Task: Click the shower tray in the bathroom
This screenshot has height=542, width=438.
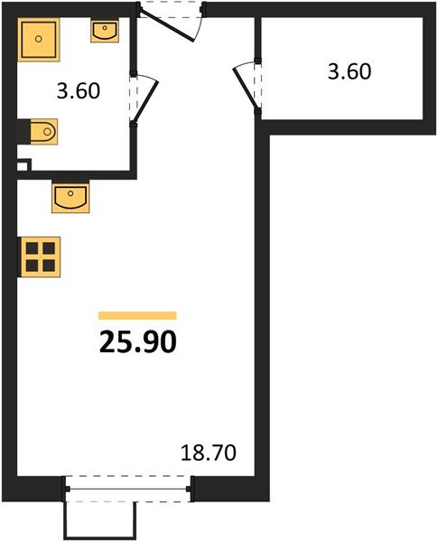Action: pyautogui.click(x=38, y=40)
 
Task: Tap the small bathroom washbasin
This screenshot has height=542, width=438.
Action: pyautogui.click(x=105, y=31)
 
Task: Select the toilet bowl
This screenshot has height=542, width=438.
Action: pyautogui.click(x=44, y=132)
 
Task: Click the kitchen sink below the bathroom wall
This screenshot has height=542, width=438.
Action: pyautogui.click(x=70, y=197)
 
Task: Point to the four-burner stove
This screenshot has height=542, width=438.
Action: pyautogui.click(x=40, y=257)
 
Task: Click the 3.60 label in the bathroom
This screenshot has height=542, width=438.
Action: pyautogui.click(x=79, y=91)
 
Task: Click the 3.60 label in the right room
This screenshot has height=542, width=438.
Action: pyautogui.click(x=349, y=72)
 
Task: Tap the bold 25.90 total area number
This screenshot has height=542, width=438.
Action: pyautogui.click(x=138, y=342)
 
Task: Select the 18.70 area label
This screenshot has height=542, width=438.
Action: pyautogui.click(x=209, y=453)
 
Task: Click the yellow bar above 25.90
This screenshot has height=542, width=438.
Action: pyautogui.click(x=137, y=315)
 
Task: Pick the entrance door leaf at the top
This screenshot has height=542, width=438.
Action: pyautogui.click(x=167, y=26)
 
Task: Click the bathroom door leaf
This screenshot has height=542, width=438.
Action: pyautogui.click(x=146, y=101)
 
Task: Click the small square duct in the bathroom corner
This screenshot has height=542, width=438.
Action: pyautogui.click(x=23, y=165)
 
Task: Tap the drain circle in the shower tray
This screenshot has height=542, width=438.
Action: pyautogui.click(x=38, y=39)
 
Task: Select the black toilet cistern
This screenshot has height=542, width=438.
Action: pyautogui.click(x=23, y=132)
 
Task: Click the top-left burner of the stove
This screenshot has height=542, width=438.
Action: pyautogui.click(x=33, y=248)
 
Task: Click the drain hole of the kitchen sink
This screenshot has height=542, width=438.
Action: pyautogui.click(x=70, y=193)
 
